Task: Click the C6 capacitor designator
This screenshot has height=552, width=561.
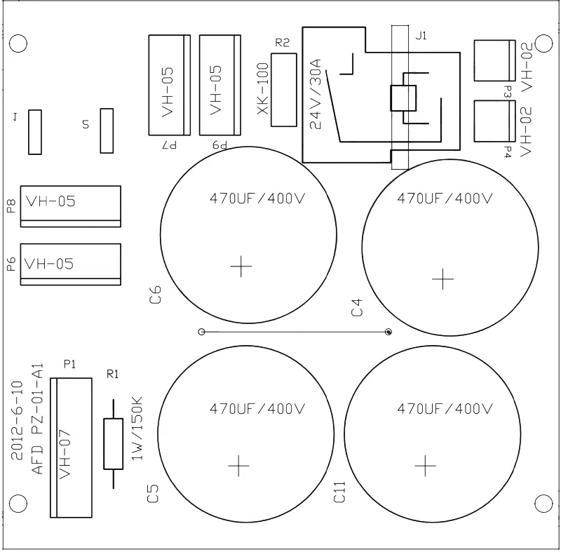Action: (x=155, y=295)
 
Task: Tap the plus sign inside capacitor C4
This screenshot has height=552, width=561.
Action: (x=442, y=278)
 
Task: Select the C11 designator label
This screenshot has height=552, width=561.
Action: (x=339, y=492)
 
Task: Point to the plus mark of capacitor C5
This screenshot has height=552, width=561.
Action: (x=238, y=466)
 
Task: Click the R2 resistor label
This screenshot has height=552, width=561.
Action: (x=282, y=43)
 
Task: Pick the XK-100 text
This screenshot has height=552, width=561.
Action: (x=263, y=88)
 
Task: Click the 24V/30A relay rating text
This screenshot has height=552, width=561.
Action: (x=316, y=94)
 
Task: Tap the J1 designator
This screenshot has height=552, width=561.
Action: (x=421, y=36)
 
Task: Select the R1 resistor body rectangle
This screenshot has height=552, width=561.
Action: (x=114, y=443)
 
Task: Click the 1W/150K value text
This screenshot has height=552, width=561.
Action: (x=137, y=428)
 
